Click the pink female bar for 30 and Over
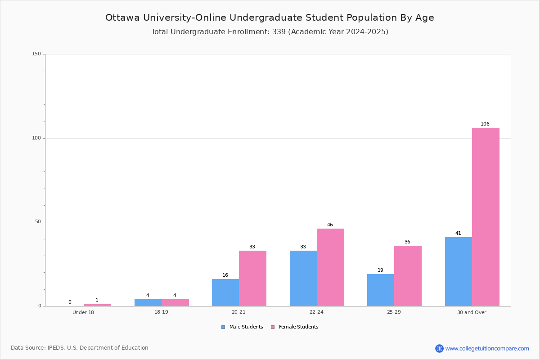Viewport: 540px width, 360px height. [x=486, y=217]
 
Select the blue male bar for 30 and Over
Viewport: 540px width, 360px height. [x=459, y=271]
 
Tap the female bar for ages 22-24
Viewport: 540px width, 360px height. [x=330, y=267]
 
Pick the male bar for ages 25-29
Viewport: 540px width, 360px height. [x=381, y=290]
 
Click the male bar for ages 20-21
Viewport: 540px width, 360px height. [x=225, y=292]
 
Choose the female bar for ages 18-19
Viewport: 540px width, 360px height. [x=175, y=302]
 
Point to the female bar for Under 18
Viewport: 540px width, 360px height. [x=97, y=305]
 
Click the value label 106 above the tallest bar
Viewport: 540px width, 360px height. [x=485, y=124]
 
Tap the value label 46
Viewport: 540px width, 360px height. [x=330, y=225]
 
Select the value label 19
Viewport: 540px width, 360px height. [x=380, y=270]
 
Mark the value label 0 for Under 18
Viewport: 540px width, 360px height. [x=70, y=302]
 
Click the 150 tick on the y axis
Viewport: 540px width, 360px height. [x=36, y=54]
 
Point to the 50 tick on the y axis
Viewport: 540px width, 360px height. [x=38, y=222]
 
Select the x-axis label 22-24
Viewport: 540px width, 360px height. [x=316, y=312]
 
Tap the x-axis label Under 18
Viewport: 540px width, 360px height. [x=83, y=312]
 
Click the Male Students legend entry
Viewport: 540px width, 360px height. [x=242, y=327]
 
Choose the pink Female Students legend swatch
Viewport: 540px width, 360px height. [x=273, y=327]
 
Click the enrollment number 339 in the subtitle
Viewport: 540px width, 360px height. [x=279, y=31]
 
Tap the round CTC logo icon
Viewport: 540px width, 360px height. [x=439, y=348]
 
